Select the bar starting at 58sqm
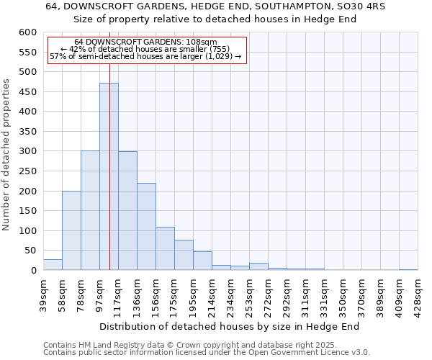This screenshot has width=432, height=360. coord(71,230)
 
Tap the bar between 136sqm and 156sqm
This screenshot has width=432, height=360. coord(146,227)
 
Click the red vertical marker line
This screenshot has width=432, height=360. coord(109,144)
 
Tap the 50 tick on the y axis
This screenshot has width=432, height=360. coord(30,251)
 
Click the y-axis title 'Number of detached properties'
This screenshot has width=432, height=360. coord(7,155)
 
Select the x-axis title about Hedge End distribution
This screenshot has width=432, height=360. coord(230,327)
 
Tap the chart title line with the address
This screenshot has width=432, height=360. coord(216,6)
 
